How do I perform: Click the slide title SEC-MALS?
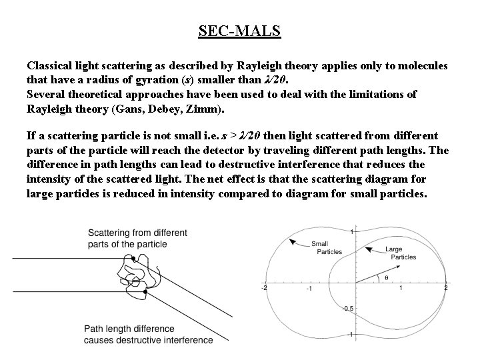point(239,31)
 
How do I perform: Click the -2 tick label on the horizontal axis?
point(265,288)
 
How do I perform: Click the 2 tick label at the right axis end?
point(445,288)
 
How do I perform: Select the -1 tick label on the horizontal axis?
point(309,289)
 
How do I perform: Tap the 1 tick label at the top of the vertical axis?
point(352,231)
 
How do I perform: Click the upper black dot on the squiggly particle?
point(134,259)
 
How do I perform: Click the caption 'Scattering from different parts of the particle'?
point(137,239)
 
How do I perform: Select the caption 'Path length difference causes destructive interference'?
point(148,334)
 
